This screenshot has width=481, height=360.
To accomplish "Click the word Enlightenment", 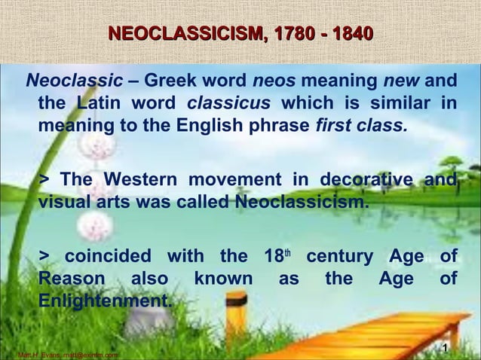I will coord(105,301).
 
